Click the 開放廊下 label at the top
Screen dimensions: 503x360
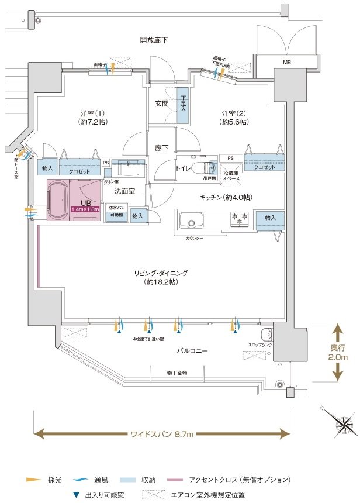pos(154,40)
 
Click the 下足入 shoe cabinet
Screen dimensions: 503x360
pos(183,105)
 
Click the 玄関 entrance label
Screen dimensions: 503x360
pos(162,104)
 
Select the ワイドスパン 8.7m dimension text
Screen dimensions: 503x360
pos(162,434)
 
